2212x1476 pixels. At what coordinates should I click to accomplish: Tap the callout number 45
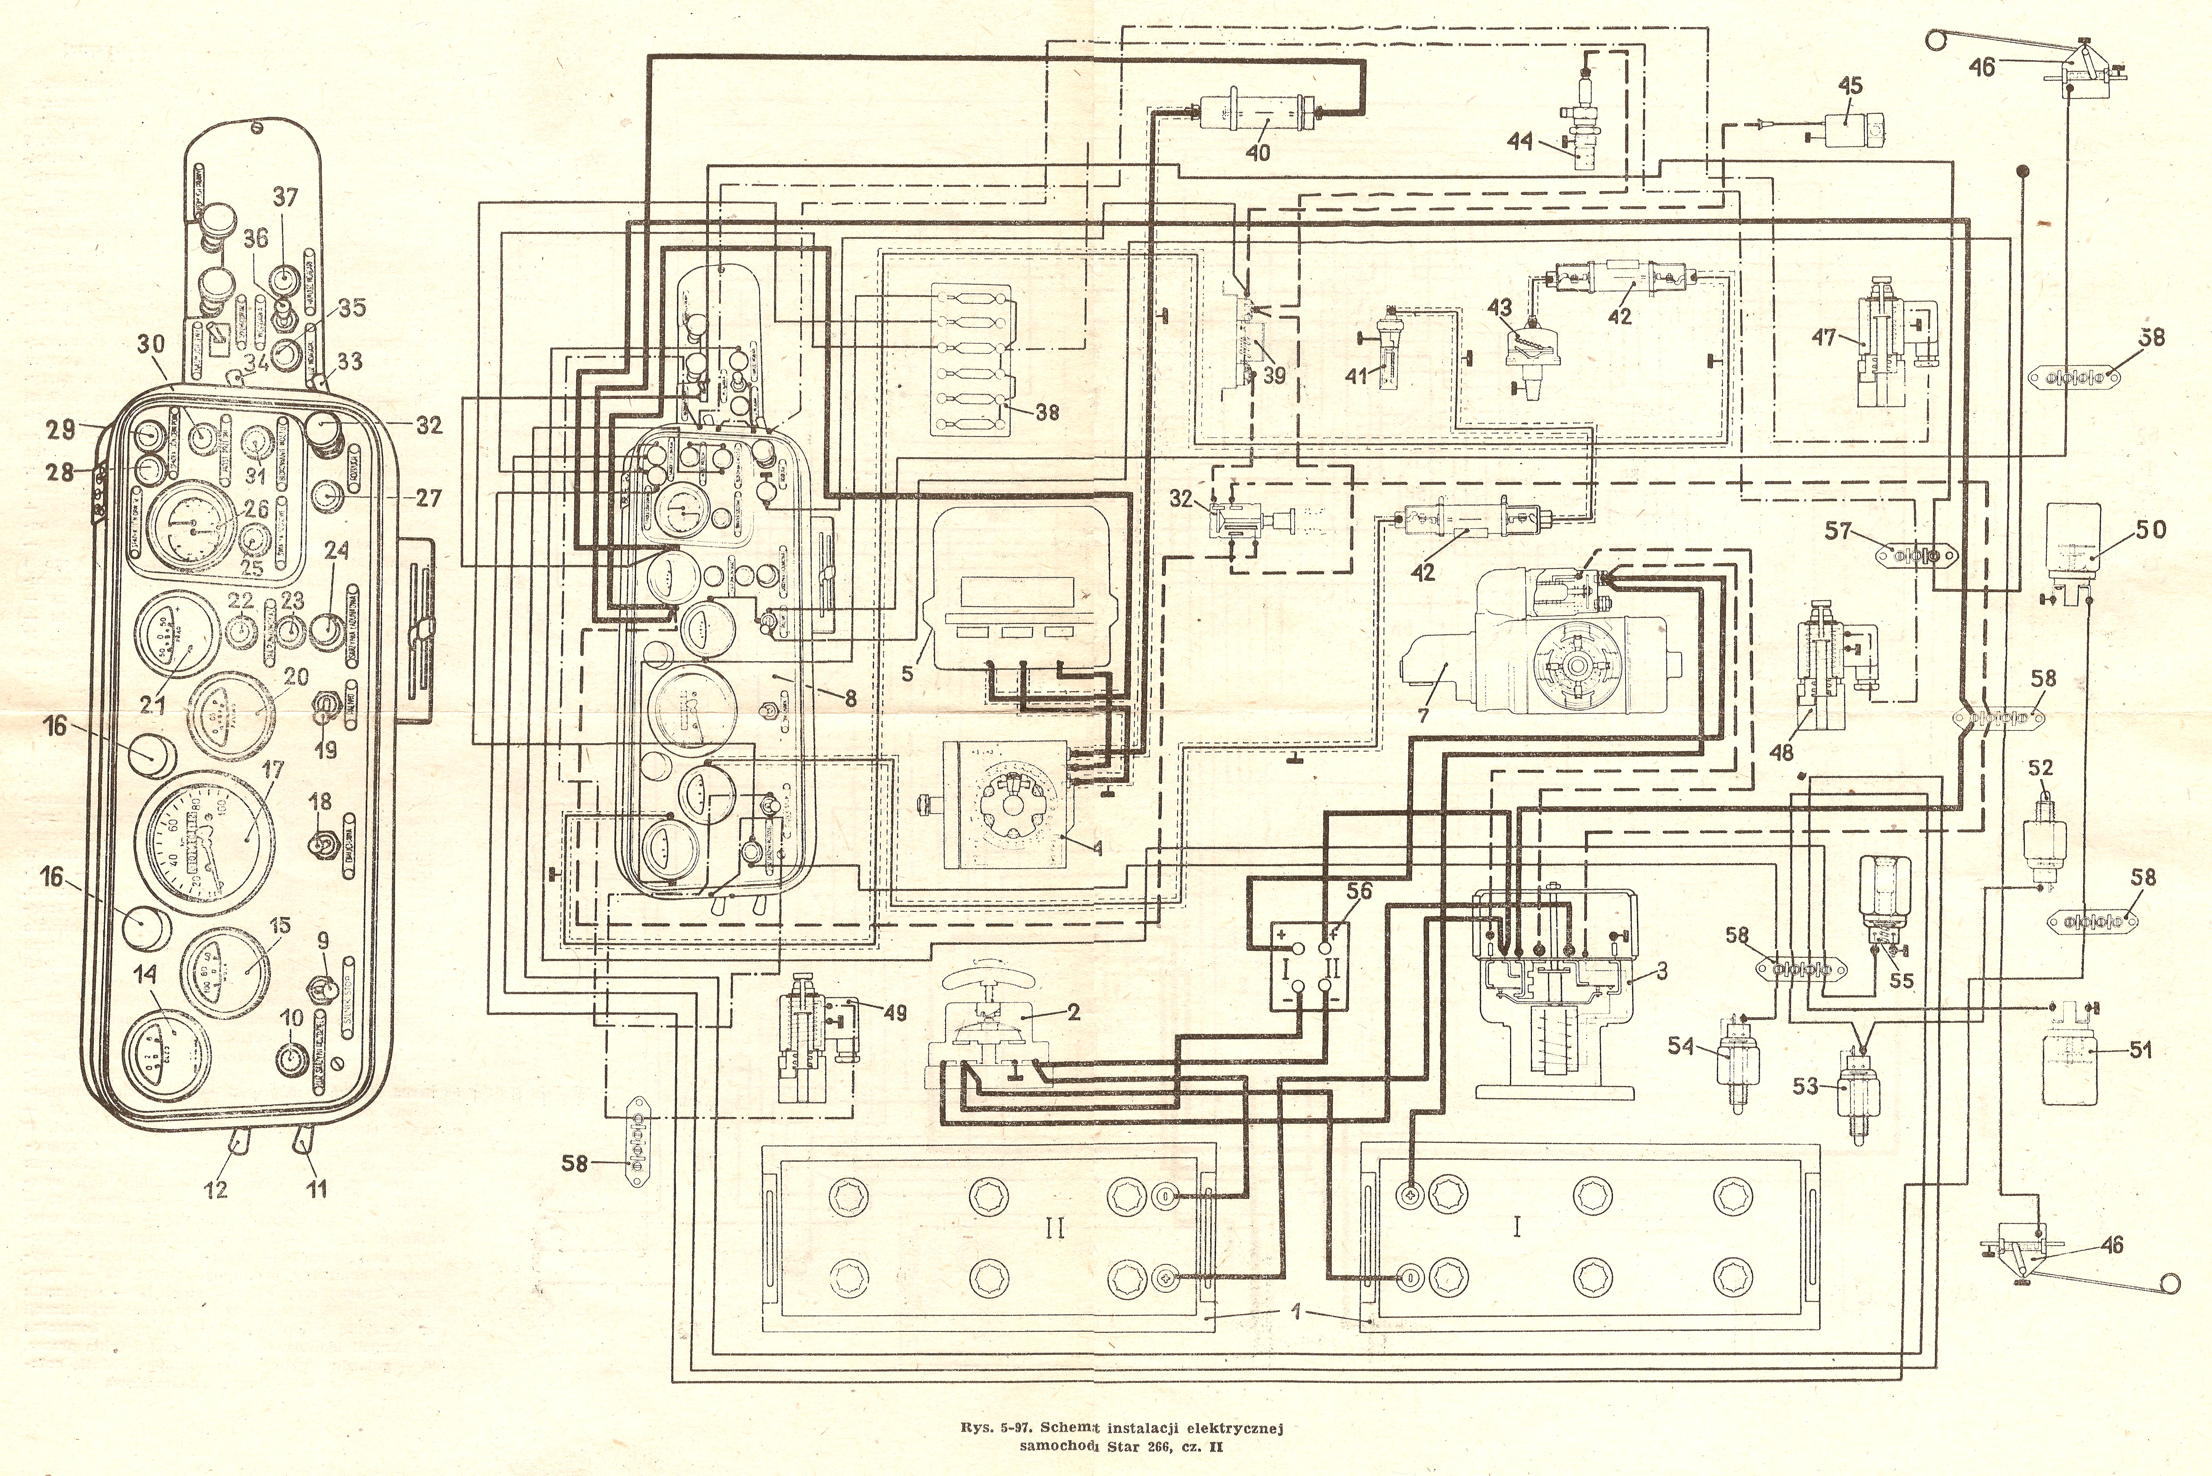point(1849,86)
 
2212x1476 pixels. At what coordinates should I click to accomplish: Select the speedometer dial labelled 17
point(209,841)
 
